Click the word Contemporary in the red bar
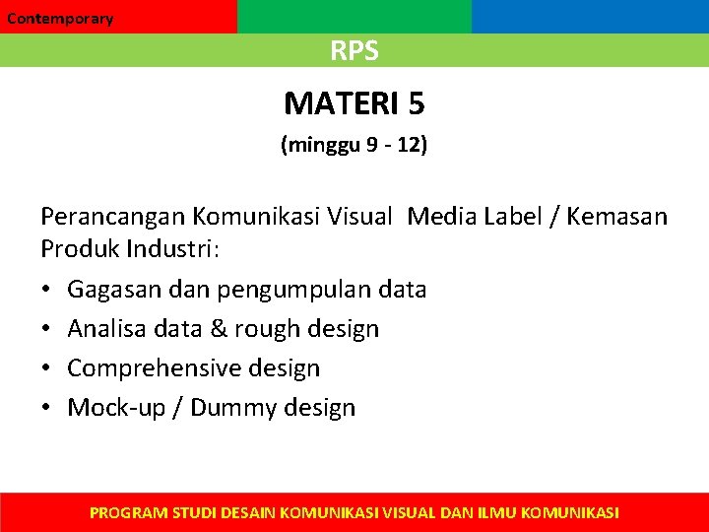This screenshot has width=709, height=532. pos(60,19)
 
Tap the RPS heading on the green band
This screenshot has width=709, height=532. pos(354,51)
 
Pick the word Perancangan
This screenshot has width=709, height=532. pos(112,217)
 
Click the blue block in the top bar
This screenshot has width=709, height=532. pos(590,17)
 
